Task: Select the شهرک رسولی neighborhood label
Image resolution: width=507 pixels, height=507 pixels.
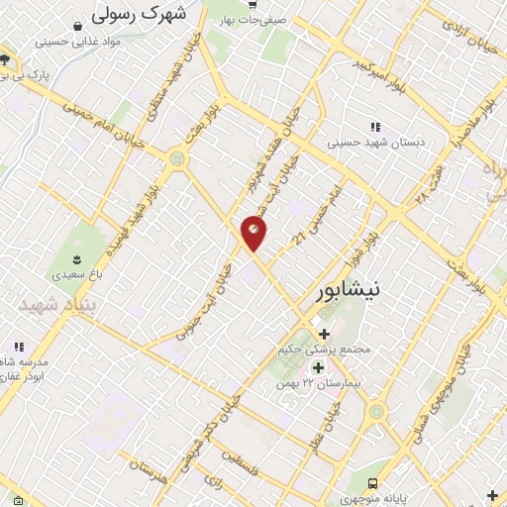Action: tap(138, 15)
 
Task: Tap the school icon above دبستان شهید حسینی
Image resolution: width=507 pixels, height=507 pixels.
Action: tap(374, 127)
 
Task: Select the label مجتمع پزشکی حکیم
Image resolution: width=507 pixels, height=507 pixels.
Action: tap(327, 351)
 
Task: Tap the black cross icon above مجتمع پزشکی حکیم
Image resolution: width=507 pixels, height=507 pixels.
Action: tap(324, 334)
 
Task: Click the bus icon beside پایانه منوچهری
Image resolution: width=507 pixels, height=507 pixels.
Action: tap(371, 483)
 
